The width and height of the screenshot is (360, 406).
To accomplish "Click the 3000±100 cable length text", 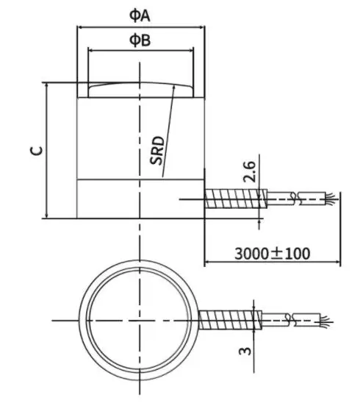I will [x=272, y=253].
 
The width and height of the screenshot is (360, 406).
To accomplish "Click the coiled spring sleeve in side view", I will [x=234, y=199].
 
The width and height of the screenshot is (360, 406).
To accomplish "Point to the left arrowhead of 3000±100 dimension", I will [x=206, y=261].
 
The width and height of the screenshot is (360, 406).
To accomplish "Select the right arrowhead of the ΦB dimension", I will [x=192, y=50].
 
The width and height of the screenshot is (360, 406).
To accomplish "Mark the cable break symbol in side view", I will [x=295, y=199].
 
